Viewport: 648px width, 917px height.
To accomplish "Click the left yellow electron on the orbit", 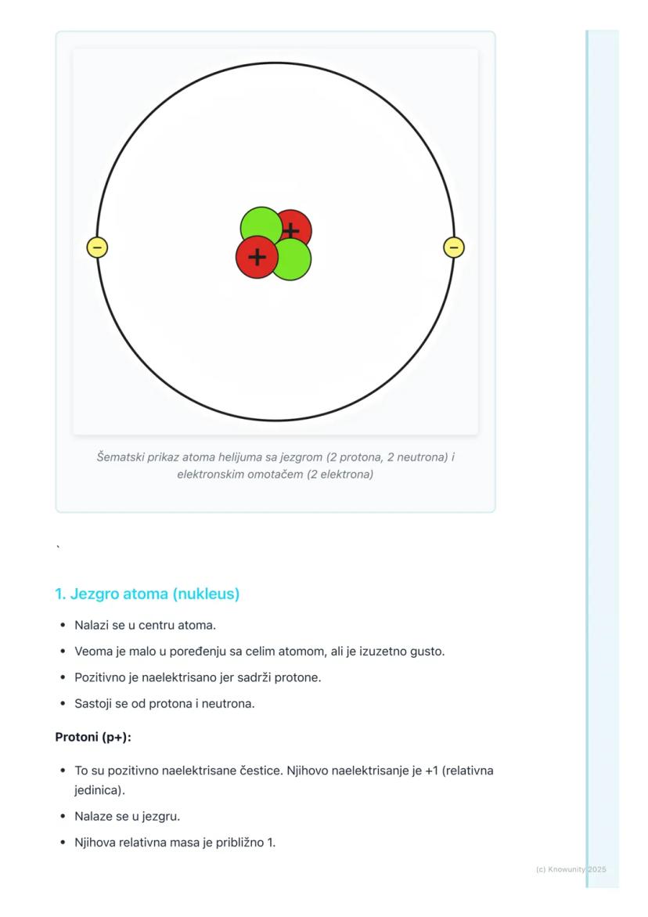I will [97, 247].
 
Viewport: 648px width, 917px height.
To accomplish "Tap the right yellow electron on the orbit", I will [454, 247].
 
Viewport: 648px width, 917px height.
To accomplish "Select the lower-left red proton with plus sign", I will [257, 257].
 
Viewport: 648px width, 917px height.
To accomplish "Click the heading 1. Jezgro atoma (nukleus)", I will [146, 594].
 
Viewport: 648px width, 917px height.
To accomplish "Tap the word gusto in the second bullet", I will [428, 652].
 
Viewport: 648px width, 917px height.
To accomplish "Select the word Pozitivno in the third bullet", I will [99, 677].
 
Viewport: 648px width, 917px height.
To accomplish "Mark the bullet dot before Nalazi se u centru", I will [62, 626].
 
